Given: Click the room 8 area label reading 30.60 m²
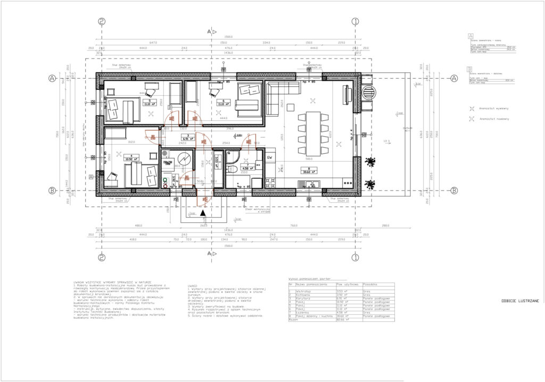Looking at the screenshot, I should click(309, 172).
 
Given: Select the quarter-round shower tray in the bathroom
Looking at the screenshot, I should click(233, 155).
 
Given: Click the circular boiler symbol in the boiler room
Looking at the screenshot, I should click(185, 160).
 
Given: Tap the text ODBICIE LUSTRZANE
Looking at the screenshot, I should click(520, 301).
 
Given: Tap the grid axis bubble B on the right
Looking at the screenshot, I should click(454, 190).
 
